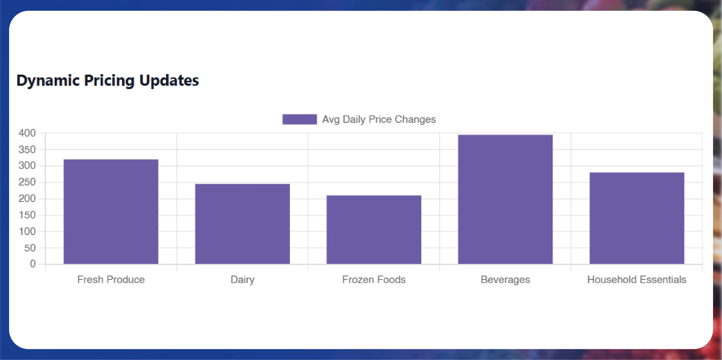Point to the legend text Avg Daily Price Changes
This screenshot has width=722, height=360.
379,119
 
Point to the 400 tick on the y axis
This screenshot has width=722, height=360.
27,133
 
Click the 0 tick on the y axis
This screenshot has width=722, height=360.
33,264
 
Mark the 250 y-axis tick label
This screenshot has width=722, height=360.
27,182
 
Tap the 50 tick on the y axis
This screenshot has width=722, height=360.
30,248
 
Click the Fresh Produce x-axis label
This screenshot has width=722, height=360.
111,280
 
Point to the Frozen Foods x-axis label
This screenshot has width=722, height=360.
374,280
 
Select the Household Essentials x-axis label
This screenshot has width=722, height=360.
637,280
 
